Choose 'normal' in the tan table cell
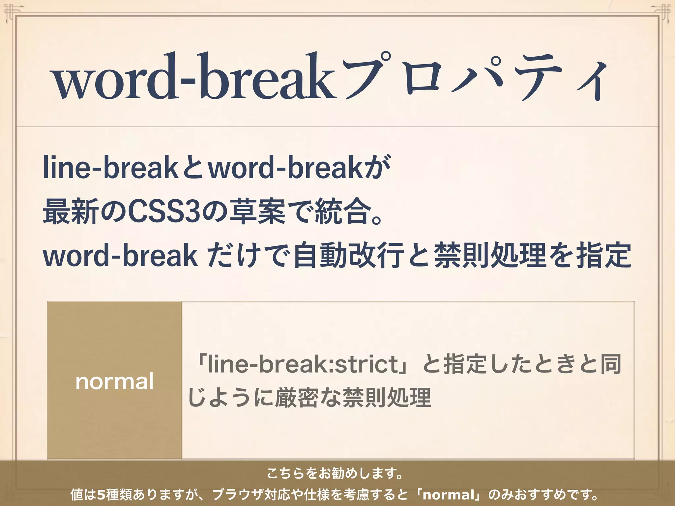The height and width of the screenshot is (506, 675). pos(115,381)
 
